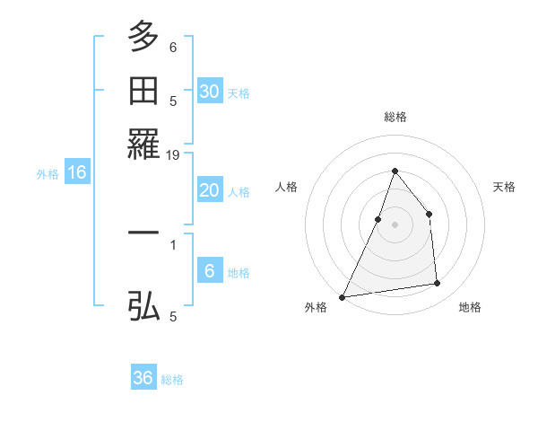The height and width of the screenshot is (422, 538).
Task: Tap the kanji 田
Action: click(x=143, y=91)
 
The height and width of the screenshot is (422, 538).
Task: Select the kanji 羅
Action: click(x=143, y=144)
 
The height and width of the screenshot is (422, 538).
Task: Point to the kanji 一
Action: click(x=143, y=233)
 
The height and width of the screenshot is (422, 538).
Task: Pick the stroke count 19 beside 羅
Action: click(x=173, y=155)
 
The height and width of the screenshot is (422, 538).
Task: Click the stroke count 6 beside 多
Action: click(x=173, y=47)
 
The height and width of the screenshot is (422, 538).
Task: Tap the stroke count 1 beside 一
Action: click(x=173, y=243)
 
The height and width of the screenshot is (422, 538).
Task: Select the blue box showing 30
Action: click(x=209, y=92)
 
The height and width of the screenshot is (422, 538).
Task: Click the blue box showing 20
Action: click(x=209, y=190)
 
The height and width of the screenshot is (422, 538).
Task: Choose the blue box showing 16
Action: click(x=77, y=173)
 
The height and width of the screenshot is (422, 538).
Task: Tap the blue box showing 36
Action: click(x=143, y=378)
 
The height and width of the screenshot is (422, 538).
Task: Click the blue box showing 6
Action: click(x=209, y=271)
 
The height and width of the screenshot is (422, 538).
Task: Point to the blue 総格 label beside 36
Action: click(x=172, y=380)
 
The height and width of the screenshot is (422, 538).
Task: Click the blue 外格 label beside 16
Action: click(x=48, y=174)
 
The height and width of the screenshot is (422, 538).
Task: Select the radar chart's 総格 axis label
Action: click(x=395, y=117)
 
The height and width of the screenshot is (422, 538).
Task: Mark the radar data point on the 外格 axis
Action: click(x=342, y=296)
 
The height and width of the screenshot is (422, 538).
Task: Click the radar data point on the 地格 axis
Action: click(x=438, y=284)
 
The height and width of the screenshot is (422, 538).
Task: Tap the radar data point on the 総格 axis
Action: click(x=395, y=171)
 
